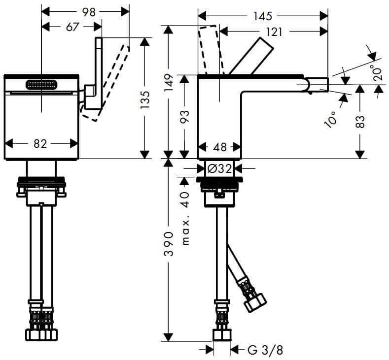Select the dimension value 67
coord(72,27)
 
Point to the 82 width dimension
coord(40,143)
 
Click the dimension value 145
coord(262,16)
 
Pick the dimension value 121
coord(274,32)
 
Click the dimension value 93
coord(184,117)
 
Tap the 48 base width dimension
coord(220,147)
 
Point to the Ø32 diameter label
coord(219,168)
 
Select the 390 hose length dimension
coord(169,243)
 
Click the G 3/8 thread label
coord(265,350)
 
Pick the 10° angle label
coord(331,119)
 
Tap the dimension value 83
coord(361,121)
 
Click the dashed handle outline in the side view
coord(207,49)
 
